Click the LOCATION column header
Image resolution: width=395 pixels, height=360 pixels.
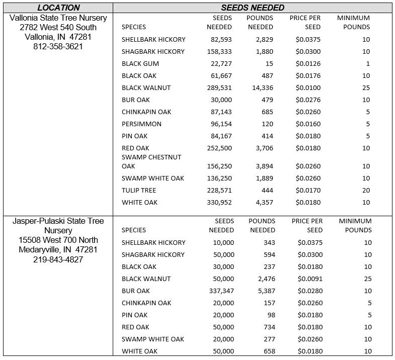(58, 8)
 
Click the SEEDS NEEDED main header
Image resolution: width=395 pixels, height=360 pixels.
(253, 8)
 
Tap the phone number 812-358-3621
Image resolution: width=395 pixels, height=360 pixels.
(58, 46)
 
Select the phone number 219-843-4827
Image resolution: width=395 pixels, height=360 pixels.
(58, 259)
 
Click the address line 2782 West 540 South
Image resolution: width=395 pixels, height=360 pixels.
(58, 27)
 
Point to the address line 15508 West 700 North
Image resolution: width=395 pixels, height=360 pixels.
(58, 240)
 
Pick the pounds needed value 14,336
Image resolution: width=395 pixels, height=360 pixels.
(261, 87)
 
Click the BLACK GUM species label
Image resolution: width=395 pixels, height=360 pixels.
(140, 63)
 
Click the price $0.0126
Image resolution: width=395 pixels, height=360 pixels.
(308, 63)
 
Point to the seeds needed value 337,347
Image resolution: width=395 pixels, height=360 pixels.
(221, 291)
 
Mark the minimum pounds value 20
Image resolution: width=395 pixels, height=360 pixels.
(366, 190)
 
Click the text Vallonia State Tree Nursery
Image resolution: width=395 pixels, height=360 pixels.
(58, 18)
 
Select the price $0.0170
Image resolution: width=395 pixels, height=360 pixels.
(308, 190)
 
